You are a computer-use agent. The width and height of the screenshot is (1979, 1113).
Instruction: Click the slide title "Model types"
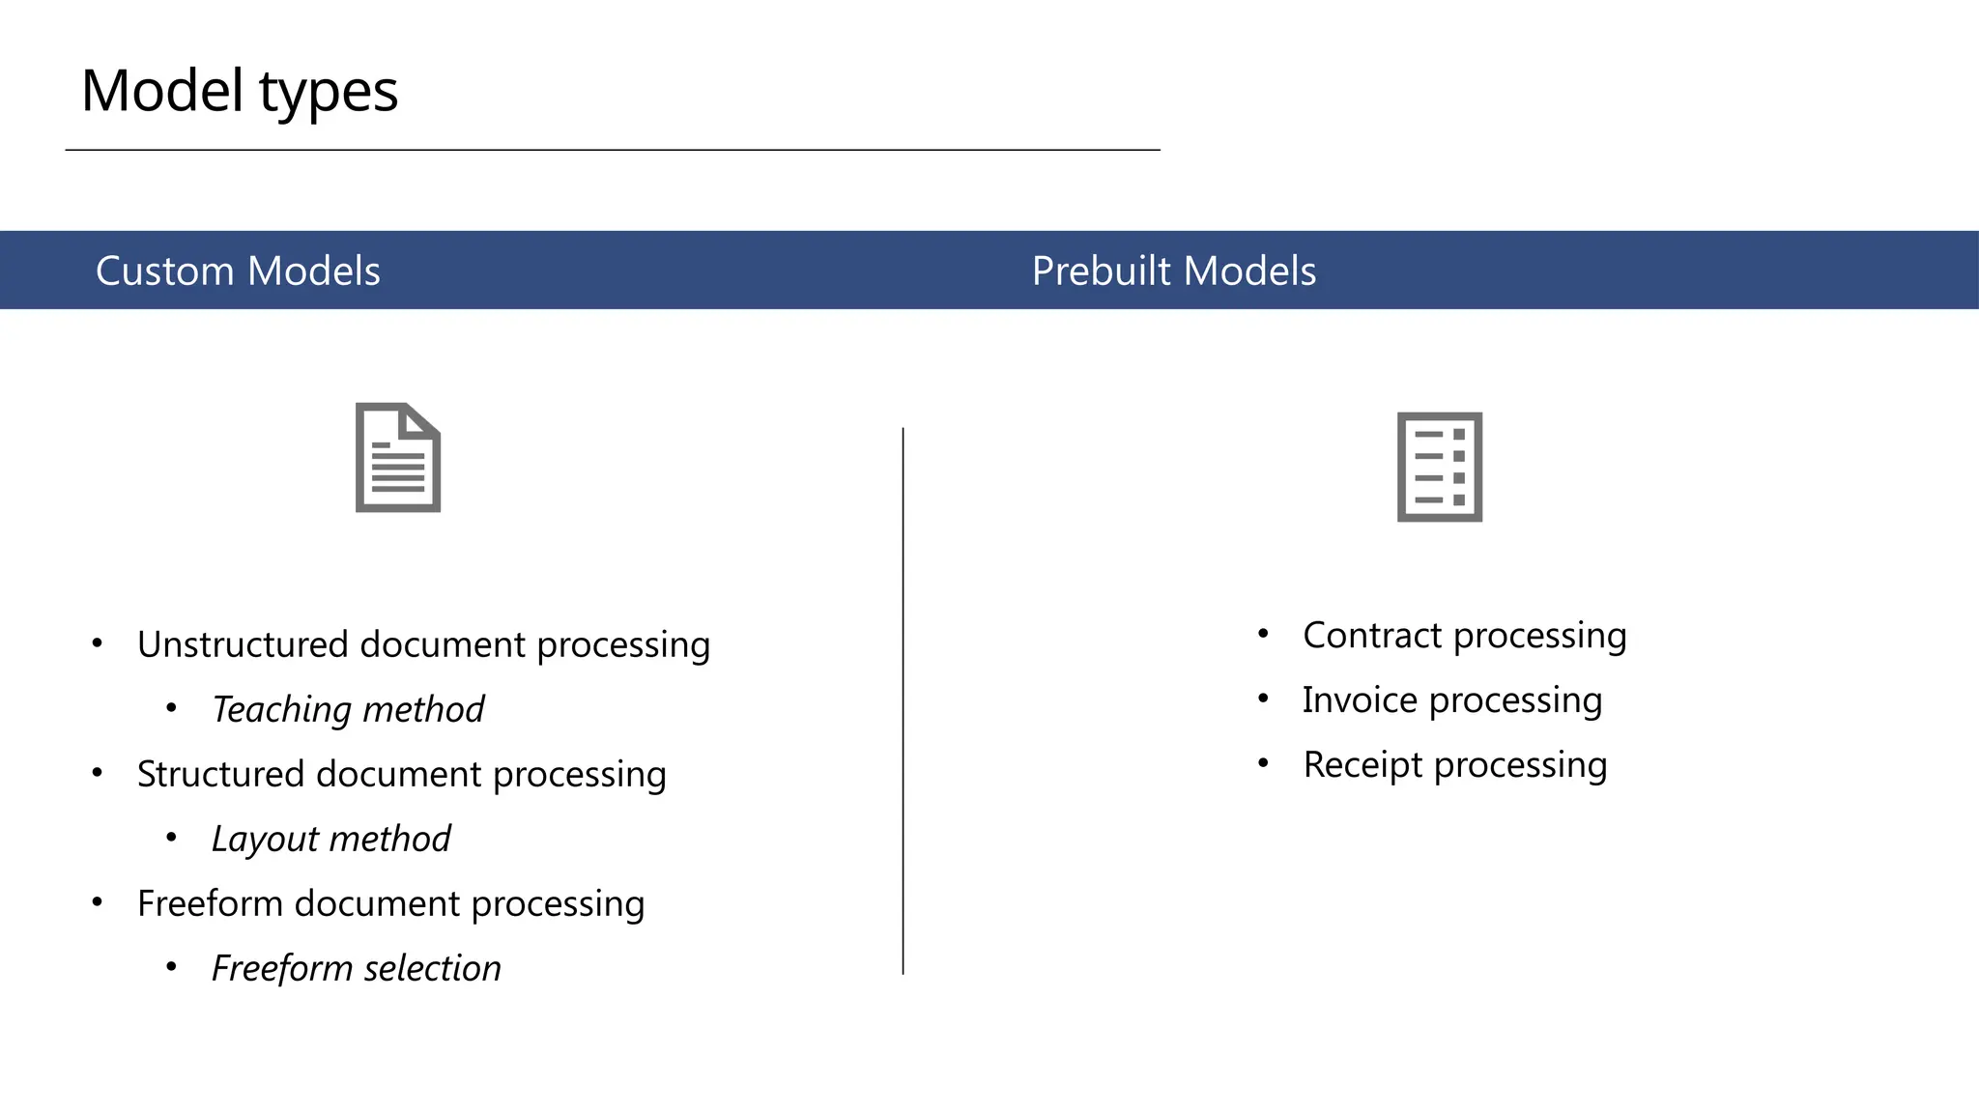pos(239,92)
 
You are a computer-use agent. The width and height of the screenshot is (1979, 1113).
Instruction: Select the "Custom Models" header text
pos(238,271)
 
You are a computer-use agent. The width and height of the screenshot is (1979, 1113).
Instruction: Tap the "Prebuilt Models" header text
pos(1173,271)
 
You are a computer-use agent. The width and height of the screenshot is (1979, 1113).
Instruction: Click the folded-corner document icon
pos(398,458)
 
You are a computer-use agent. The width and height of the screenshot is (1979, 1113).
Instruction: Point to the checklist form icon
pos(1439,468)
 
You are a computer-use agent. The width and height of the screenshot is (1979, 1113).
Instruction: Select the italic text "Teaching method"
pos(348,709)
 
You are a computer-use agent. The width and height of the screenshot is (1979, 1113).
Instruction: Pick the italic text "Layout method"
pos(331,839)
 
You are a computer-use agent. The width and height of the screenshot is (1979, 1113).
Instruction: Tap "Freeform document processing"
pos(390,903)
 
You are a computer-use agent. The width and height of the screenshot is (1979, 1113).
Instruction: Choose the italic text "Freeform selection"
pos(357,968)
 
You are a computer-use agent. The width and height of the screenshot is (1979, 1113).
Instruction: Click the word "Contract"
pos(1372,636)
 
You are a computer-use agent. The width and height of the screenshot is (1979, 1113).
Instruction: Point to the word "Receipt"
pos(1362,765)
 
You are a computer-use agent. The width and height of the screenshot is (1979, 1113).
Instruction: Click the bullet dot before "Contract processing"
pos(1263,633)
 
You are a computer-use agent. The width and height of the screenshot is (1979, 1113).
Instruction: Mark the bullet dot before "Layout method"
pos(171,837)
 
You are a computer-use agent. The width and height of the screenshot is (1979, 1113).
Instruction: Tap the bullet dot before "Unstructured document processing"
pos(97,642)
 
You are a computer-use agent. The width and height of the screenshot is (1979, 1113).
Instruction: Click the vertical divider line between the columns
pos(903,700)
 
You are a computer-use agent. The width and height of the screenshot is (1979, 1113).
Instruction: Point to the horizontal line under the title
pos(613,150)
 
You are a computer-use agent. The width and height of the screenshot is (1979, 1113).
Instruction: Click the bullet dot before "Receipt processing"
pos(1263,762)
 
